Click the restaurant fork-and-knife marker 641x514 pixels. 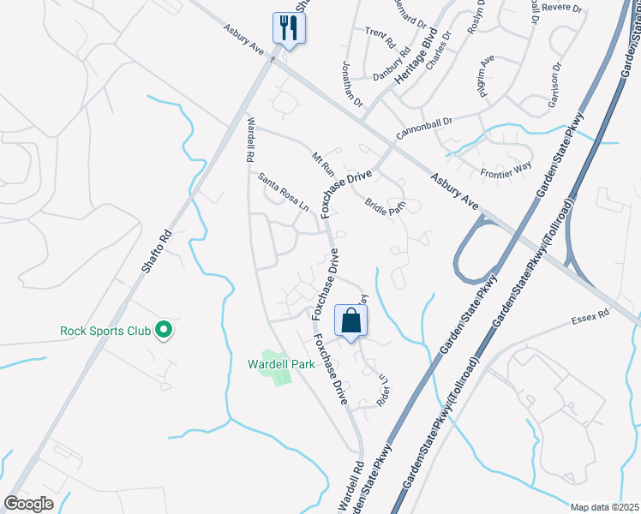[x=289, y=28]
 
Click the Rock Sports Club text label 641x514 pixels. [x=105, y=331]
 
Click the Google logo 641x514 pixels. [x=28, y=503]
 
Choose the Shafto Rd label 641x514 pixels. [x=157, y=250]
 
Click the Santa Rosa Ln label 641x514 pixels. [x=284, y=191]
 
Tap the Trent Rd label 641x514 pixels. [x=380, y=39]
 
